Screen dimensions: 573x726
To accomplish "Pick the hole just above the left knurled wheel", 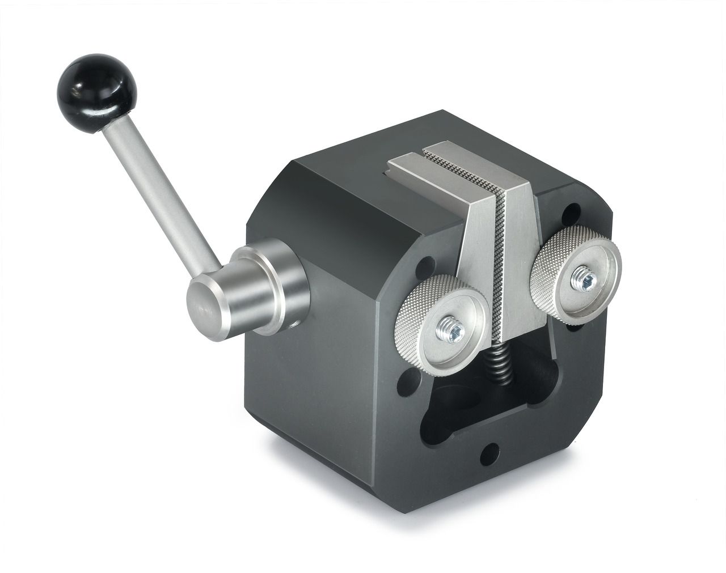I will pyautogui.click(x=427, y=264).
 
